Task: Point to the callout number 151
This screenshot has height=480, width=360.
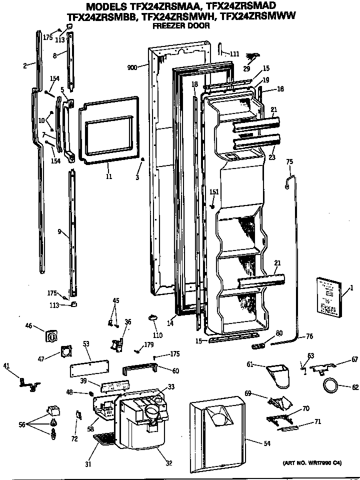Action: coord(214,192)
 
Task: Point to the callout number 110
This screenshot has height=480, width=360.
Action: coord(158,335)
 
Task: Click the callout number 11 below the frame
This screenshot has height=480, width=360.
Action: coord(108,176)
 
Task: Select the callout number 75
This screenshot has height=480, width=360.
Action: coord(289,161)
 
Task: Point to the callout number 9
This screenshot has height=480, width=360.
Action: coord(59,231)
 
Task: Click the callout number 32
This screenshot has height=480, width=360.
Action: coord(168,463)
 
